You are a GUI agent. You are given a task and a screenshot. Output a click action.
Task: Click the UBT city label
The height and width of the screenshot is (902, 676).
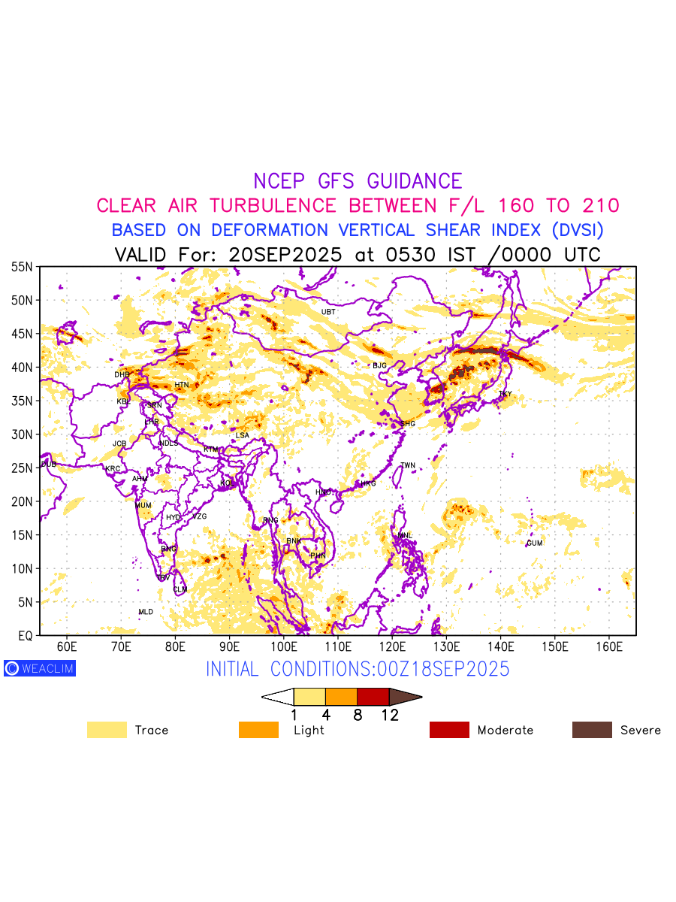click(x=328, y=312)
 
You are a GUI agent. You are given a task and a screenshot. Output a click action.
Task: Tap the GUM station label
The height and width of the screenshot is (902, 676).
click(x=534, y=543)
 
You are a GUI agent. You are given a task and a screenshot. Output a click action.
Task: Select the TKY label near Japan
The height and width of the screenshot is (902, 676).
click(x=505, y=394)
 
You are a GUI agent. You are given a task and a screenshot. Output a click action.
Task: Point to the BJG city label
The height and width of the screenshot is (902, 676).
click(x=379, y=366)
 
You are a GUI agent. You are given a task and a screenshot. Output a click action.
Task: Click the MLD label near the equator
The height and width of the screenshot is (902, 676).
click(x=146, y=613)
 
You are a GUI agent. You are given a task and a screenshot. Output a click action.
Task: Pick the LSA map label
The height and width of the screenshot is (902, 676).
click(x=242, y=436)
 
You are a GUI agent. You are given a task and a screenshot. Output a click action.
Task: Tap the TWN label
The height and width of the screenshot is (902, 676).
click(x=408, y=466)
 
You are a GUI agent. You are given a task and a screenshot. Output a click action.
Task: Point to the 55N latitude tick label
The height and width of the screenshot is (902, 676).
click(x=22, y=267)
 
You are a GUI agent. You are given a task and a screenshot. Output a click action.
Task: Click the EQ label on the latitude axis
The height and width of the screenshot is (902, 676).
click(x=25, y=636)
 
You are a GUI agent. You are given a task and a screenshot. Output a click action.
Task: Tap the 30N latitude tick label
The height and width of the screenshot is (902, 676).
click(x=22, y=434)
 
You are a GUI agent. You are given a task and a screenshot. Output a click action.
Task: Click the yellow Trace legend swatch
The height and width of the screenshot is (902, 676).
click(x=107, y=730)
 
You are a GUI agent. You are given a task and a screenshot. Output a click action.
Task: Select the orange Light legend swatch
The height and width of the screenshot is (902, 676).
click(x=258, y=730)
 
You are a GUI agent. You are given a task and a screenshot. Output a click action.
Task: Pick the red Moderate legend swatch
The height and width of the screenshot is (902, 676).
click(x=449, y=730)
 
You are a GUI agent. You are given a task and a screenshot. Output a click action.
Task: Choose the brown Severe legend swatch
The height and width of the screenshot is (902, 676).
click(x=592, y=730)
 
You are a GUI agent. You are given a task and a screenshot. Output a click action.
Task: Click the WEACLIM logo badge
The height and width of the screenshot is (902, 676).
click(x=40, y=667)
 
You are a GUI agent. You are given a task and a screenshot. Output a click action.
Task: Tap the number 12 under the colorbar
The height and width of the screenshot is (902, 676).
click(x=390, y=716)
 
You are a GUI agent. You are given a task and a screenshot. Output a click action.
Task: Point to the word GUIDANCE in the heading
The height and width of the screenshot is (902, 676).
click(x=415, y=181)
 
